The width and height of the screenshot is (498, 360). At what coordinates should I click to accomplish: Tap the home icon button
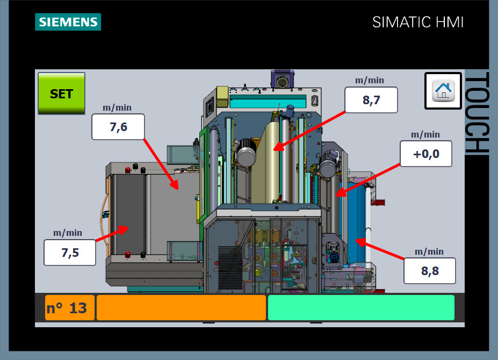[443, 91]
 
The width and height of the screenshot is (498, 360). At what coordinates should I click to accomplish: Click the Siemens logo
[68, 22]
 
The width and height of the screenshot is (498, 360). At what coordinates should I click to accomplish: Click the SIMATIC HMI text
[418, 22]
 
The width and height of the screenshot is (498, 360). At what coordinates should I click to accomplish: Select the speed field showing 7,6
[118, 127]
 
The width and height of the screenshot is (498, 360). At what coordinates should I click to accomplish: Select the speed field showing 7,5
[70, 253]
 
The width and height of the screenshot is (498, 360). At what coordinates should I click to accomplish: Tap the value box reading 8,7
[371, 100]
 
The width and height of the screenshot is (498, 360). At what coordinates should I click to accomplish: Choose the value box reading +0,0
[426, 154]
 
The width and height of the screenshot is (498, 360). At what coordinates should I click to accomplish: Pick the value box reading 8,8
[430, 271]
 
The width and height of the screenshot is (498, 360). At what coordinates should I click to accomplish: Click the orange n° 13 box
[70, 308]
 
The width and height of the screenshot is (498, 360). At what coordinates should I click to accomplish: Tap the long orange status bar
[181, 308]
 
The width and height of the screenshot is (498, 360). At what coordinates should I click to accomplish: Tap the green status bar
[361, 308]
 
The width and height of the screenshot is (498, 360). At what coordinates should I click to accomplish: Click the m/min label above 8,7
[370, 80]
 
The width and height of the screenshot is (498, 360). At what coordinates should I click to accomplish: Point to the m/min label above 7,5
[68, 233]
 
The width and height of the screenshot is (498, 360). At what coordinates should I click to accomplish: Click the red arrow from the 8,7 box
[309, 128]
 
